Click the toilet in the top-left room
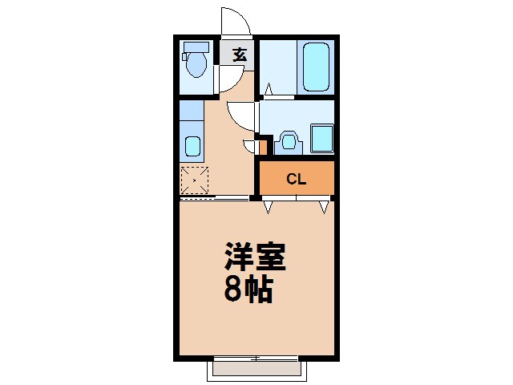tap(196, 65)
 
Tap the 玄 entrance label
tap(240, 55)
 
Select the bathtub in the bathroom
tap(317, 67)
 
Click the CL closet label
tap(296, 179)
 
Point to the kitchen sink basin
tap(192, 146)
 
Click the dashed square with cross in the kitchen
tap(194, 180)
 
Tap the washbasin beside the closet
tap(289, 142)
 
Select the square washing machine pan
tap(321, 138)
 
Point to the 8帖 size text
tap(248, 290)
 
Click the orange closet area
tap(296, 179)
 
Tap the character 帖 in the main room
tap(261, 290)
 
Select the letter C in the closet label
tap(291, 179)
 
